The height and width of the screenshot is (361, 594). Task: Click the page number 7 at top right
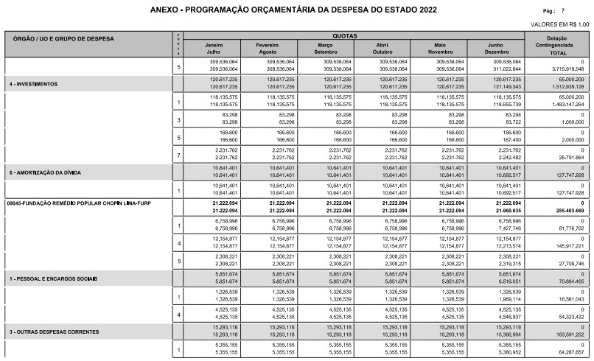point(584,12)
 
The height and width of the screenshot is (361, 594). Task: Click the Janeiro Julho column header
point(214,49)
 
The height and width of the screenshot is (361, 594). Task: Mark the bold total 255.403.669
point(567,209)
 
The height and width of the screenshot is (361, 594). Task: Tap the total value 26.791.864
point(568,157)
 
